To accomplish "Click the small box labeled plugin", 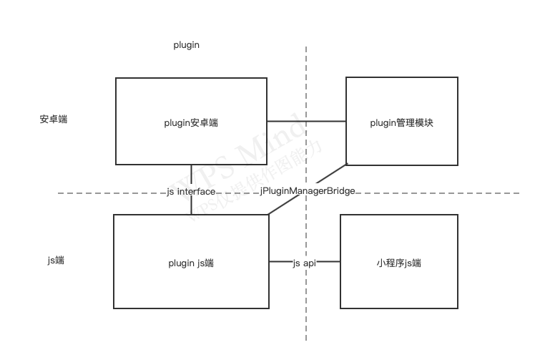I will click(186, 43).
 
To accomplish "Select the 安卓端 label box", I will click(54, 117).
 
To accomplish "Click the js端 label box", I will click(56, 258).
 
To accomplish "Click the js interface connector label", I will click(191, 191).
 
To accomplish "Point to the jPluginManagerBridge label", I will click(308, 190).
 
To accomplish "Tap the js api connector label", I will click(305, 263).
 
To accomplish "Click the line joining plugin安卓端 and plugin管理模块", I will click(306, 121).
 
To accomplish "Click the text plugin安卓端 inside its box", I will click(191, 122).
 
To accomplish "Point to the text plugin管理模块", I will click(401, 122).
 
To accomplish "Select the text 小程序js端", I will click(398, 263).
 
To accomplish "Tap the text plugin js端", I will click(191, 263).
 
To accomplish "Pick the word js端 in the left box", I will click(56, 260).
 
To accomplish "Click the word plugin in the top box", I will click(186, 44).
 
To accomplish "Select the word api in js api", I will click(309, 263).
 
